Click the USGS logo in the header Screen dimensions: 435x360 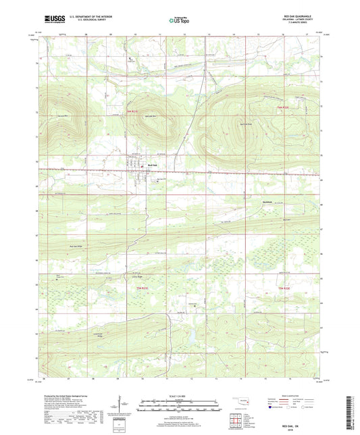tap(51, 20)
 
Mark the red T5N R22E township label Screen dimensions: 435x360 tap(284, 288)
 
